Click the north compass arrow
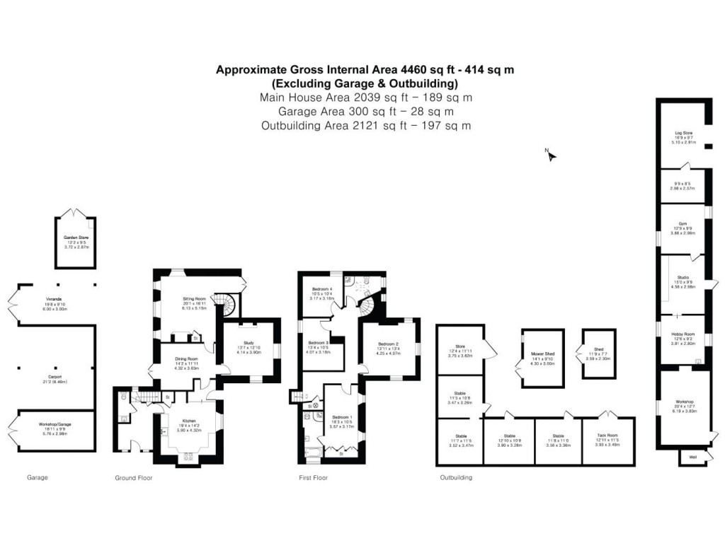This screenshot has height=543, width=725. coord(551,155)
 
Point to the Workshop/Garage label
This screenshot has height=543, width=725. coord(55,424)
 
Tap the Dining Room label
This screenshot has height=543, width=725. coord(185,359)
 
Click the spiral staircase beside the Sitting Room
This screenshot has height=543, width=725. coord(225,306)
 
